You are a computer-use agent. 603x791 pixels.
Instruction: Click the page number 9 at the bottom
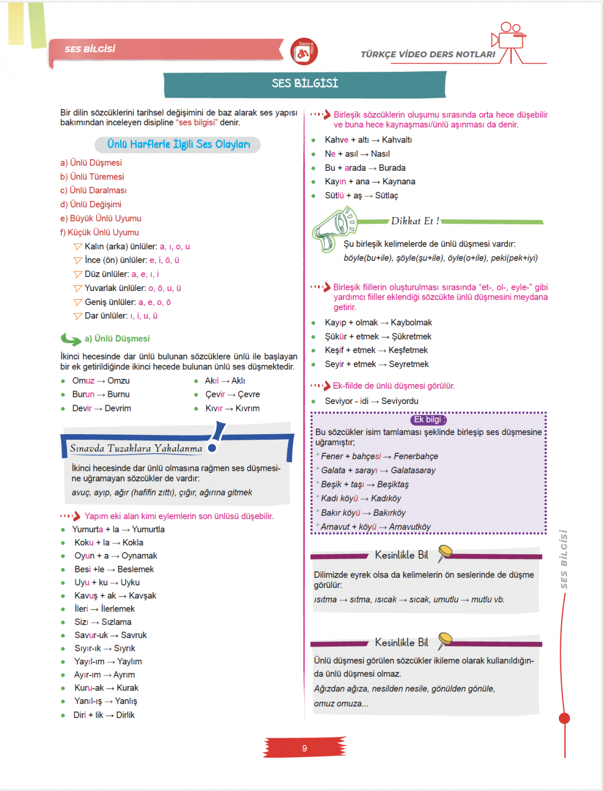305,748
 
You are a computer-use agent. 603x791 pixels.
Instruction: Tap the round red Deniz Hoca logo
304,52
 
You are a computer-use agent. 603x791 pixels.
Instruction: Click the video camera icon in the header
510,40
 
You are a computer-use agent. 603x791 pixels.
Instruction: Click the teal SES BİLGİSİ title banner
305,84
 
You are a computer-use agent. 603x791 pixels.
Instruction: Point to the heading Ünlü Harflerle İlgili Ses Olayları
178,145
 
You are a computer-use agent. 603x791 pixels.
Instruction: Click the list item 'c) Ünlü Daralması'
93,190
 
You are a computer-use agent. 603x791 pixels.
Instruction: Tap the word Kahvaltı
396,140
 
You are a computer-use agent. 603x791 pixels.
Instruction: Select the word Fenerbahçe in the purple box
416,456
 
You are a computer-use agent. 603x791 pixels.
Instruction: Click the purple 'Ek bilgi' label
428,420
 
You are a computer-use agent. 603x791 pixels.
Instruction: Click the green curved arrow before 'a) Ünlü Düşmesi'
71,340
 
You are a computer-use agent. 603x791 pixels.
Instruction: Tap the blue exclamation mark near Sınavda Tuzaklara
217,437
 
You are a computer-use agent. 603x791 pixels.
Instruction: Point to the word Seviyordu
399,401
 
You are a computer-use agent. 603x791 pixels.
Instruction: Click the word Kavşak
142,596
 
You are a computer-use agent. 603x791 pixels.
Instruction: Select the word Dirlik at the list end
125,715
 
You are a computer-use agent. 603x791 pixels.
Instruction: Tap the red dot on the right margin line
564,718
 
